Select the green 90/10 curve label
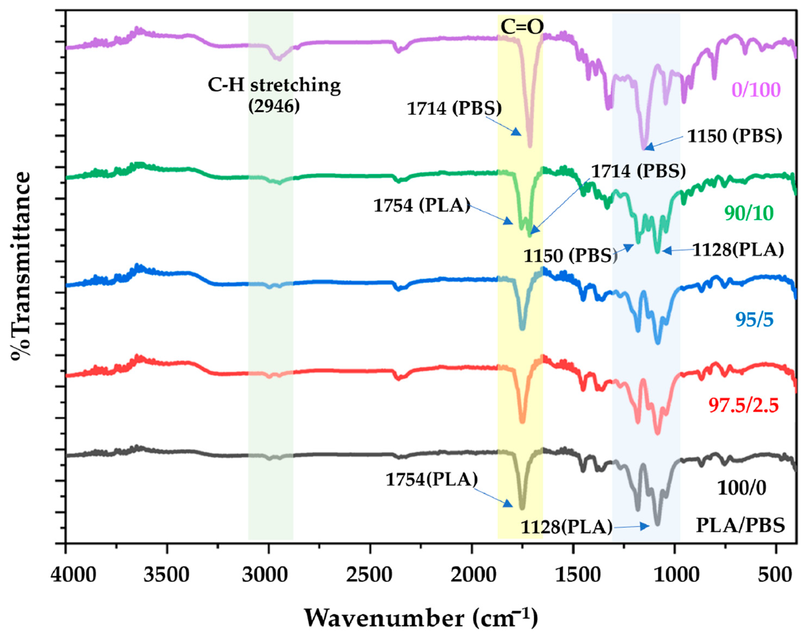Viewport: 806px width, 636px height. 749,213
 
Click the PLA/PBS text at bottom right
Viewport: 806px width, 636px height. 740,525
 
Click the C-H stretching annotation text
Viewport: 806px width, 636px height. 274,85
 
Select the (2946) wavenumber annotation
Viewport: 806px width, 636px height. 274,107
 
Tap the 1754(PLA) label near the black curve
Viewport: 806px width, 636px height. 431,480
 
